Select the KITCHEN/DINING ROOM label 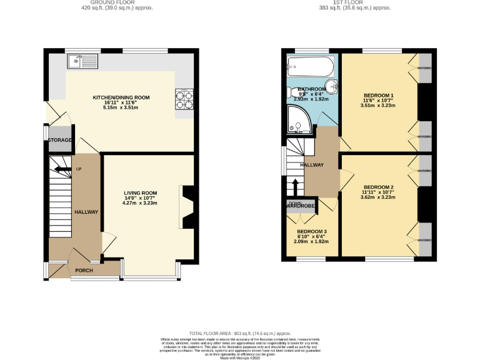coord(121,97)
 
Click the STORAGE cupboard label coord(60,140)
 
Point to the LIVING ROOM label coord(140,192)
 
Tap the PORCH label coord(84,271)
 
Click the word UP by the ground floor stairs coord(78,169)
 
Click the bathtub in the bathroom coord(311,64)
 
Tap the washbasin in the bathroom coord(332,87)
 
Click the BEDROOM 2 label coord(379,187)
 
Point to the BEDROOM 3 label coord(311,232)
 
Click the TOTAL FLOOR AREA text coord(240,334)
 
